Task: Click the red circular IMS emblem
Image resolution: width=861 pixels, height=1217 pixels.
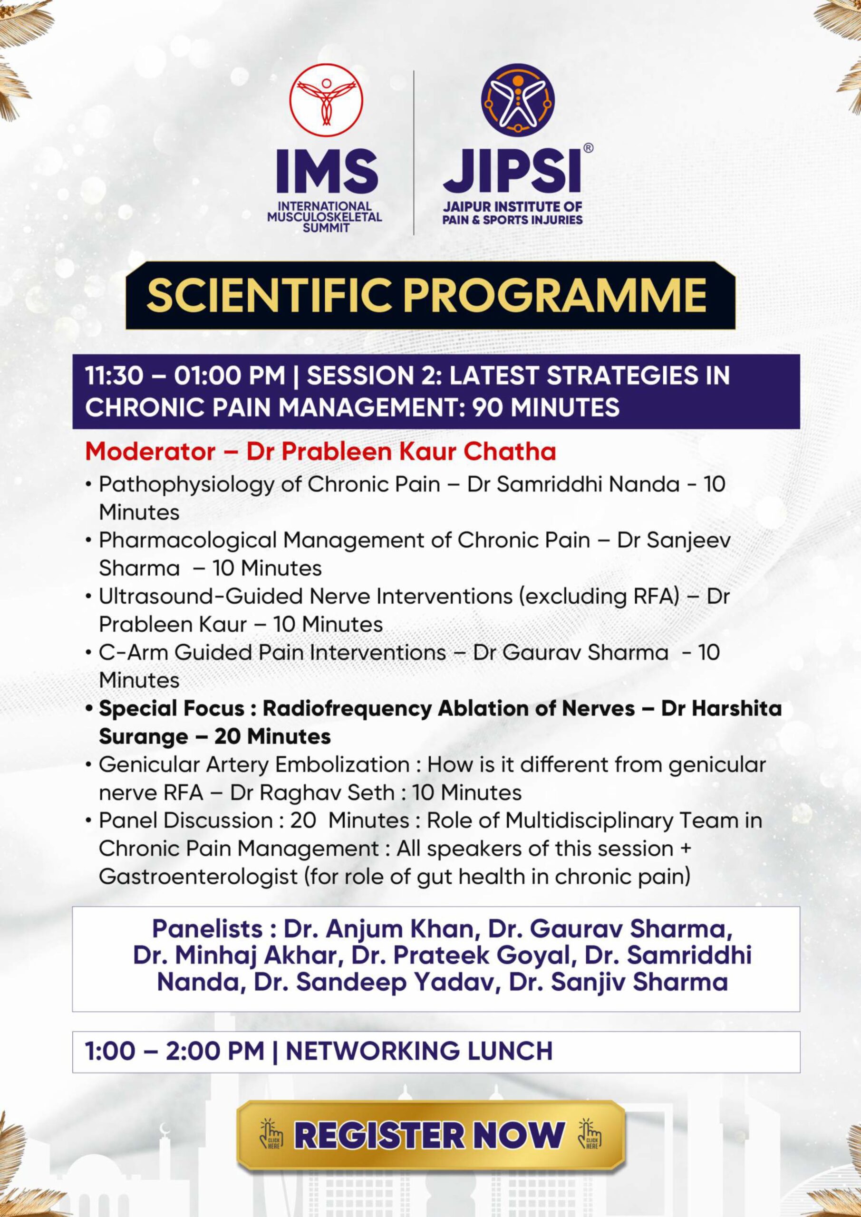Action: pyautogui.click(x=326, y=100)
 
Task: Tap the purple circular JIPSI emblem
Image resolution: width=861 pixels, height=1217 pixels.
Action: pyautogui.click(x=518, y=100)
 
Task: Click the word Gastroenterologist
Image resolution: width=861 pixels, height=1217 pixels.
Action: pyautogui.click(x=198, y=877)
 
